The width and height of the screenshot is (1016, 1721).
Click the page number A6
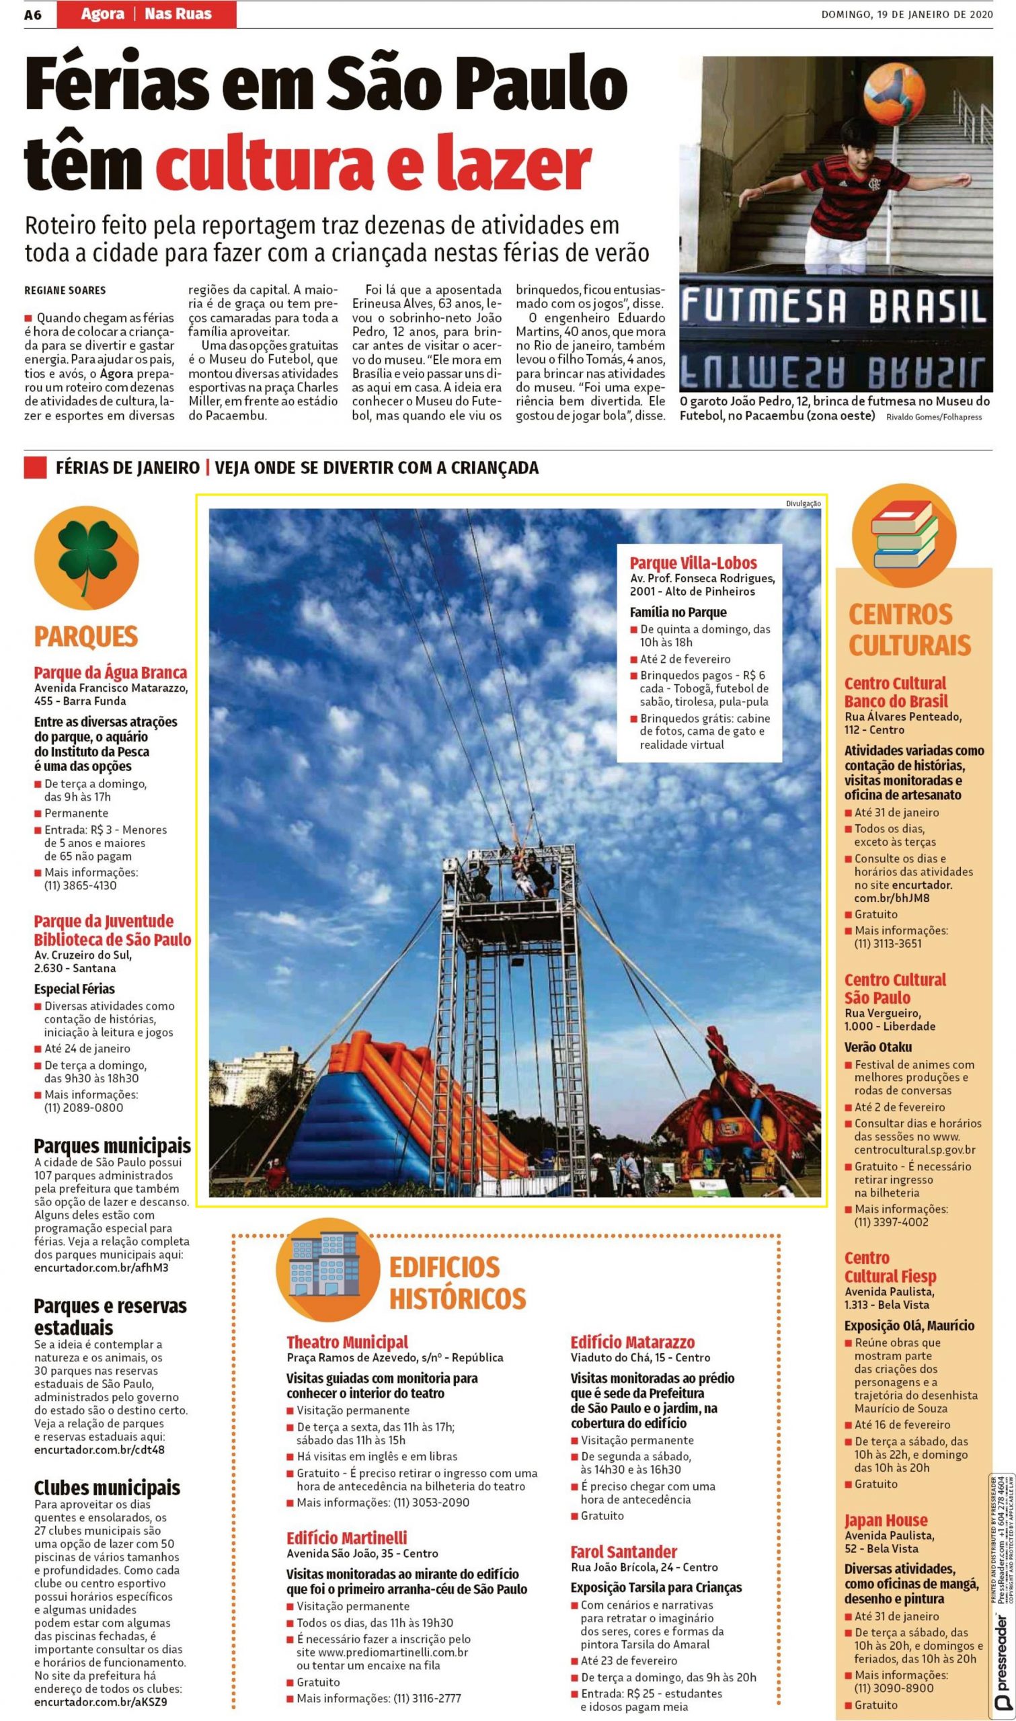34,14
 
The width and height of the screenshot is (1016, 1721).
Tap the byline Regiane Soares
65,290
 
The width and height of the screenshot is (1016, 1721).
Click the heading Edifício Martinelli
346,1537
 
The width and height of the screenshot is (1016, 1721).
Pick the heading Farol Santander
624,1552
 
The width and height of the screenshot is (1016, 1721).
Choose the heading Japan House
886,1520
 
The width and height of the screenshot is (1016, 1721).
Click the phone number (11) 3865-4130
81,885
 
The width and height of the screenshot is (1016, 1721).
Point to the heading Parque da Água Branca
110,673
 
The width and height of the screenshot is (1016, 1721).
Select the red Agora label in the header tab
103,13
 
